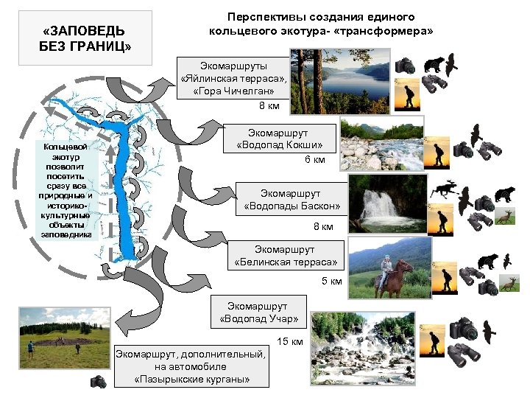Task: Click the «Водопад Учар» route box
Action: pyautogui.click(x=258, y=312)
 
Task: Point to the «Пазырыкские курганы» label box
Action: pyautogui.click(x=191, y=366)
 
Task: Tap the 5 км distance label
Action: pyautogui.click(x=331, y=281)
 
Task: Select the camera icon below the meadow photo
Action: pyautogui.click(x=98, y=382)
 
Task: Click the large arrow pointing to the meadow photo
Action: pyautogui.click(x=136, y=317)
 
